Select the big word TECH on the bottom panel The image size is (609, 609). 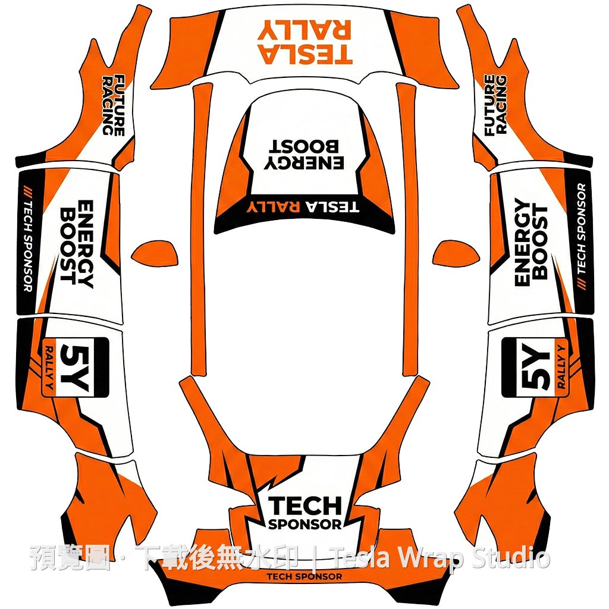pos(305,506)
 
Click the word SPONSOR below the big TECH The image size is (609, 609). pos(305,525)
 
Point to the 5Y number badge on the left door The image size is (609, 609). pos(75,368)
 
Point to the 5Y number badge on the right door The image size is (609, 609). pos(535,368)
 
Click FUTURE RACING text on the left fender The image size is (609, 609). pos(114,105)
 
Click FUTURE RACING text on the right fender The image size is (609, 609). pos(495,105)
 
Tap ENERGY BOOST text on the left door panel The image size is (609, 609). pos(77,243)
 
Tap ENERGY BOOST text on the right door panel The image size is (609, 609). pos(530,242)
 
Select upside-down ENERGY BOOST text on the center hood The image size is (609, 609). pos(304,155)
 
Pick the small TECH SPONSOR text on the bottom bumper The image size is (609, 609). pos(304,577)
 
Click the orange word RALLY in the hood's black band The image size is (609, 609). pos(273,206)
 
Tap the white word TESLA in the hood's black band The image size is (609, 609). pos(332,206)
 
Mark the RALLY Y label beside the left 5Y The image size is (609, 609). pos(49,368)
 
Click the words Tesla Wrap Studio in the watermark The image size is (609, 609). pos(442,558)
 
